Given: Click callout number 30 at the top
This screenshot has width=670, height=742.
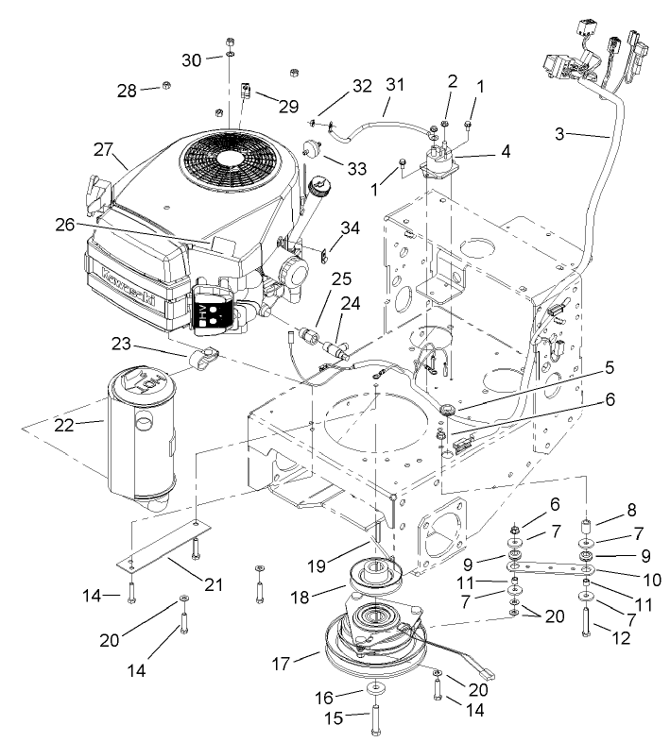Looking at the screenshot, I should [192, 59].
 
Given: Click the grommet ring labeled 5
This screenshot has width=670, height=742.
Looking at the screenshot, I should [447, 410].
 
